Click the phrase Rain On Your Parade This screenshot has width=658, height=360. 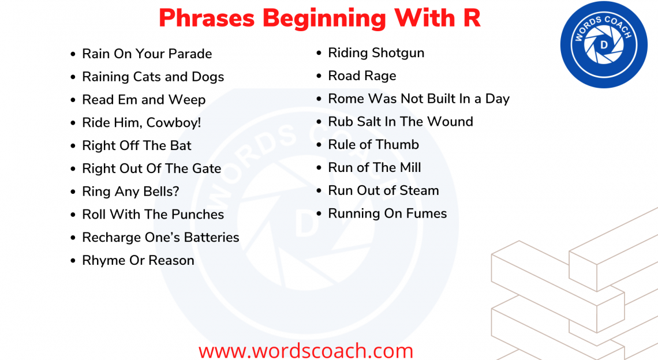(x=147, y=54)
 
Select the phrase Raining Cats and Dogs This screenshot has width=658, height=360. (x=153, y=77)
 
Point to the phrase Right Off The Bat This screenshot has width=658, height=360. (x=137, y=146)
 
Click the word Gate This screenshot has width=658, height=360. (x=207, y=168)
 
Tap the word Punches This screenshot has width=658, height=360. (x=197, y=215)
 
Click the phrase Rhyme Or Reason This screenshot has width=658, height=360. (x=138, y=261)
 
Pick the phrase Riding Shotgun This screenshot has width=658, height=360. (x=376, y=53)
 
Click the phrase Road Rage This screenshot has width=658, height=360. (x=362, y=76)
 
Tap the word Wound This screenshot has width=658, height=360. (x=453, y=122)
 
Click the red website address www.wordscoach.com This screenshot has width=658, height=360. (x=306, y=350)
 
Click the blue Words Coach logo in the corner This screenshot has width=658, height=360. (x=603, y=44)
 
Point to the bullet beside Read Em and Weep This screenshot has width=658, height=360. (x=73, y=100)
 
